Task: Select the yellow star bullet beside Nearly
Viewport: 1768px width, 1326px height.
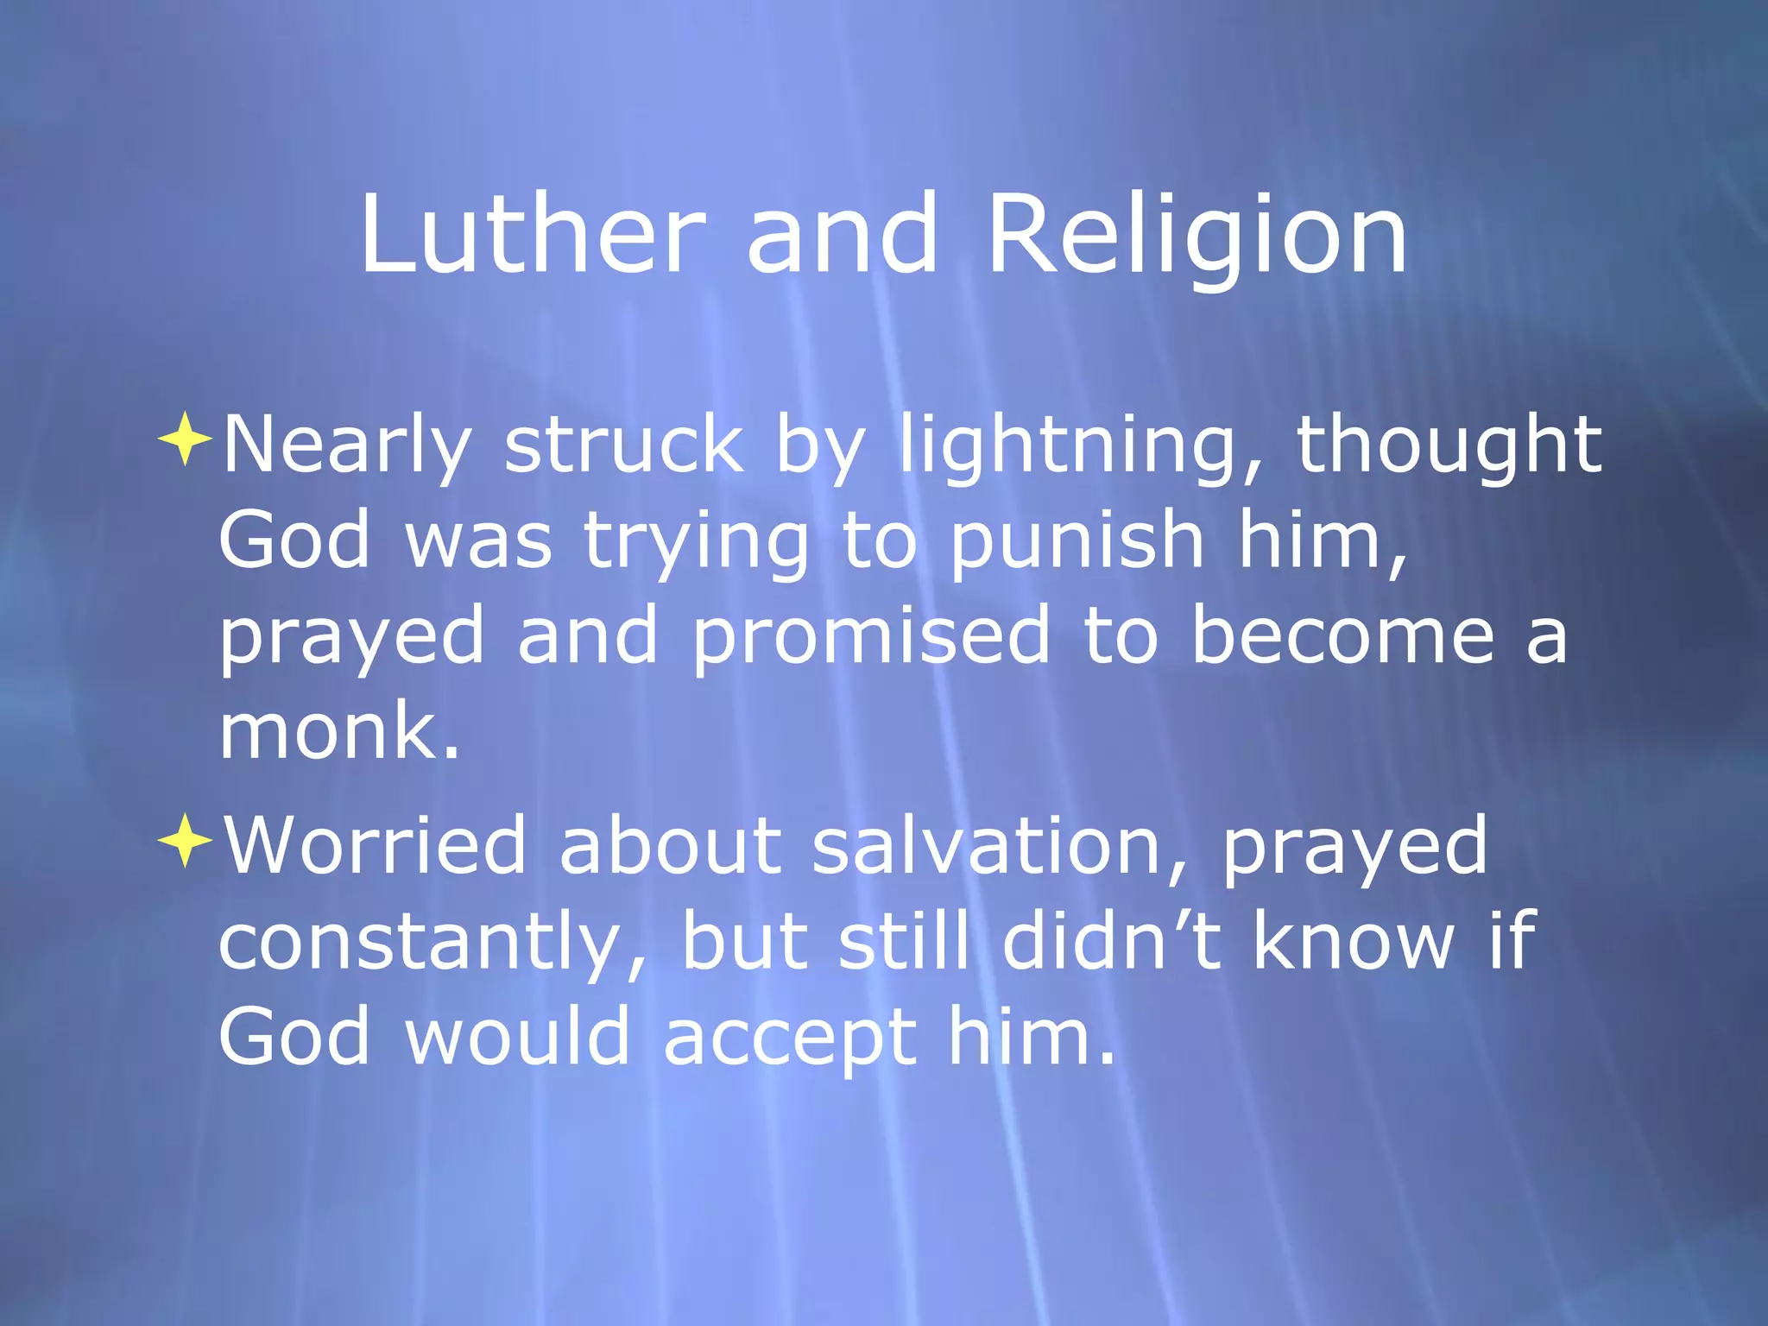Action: pyautogui.click(x=185, y=439)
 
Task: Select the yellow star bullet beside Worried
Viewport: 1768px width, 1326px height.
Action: pyautogui.click(x=185, y=839)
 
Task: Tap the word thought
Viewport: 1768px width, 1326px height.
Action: pyautogui.click(x=1449, y=446)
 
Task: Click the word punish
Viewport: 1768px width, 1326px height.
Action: pyautogui.click(x=1077, y=542)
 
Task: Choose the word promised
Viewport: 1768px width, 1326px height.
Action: pyautogui.click(x=871, y=637)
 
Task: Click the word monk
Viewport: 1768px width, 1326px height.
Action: pyautogui.click(x=338, y=731)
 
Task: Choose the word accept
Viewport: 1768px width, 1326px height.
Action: pyautogui.click(x=789, y=1038)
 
